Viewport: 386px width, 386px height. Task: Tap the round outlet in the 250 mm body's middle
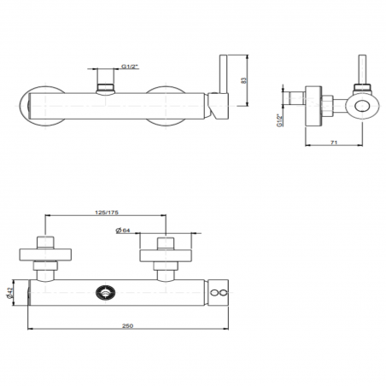click(x=106, y=291)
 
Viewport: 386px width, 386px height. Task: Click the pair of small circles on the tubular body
click(x=219, y=292)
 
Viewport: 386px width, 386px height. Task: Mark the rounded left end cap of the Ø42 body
click(x=32, y=292)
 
